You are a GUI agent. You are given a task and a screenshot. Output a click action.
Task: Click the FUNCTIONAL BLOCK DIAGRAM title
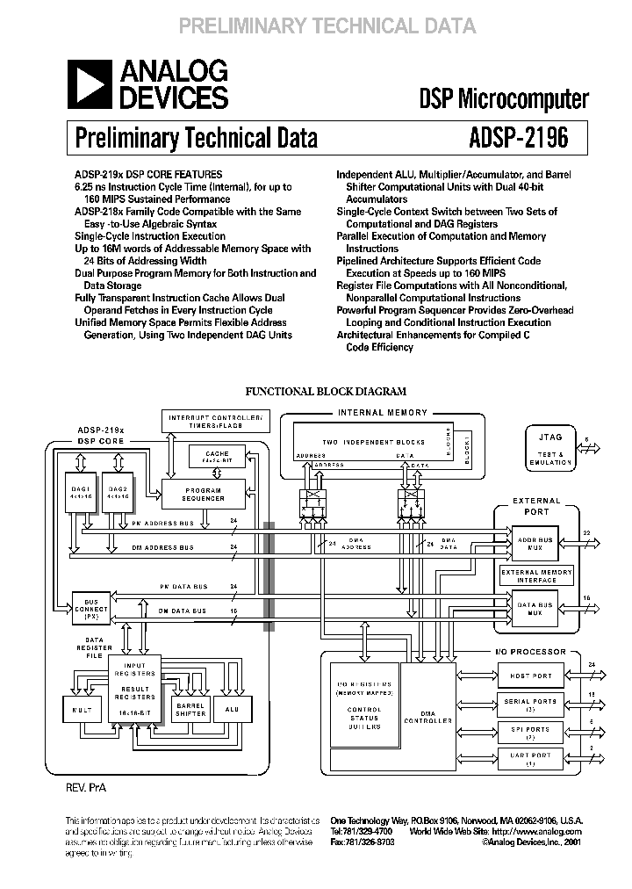pyautogui.click(x=326, y=392)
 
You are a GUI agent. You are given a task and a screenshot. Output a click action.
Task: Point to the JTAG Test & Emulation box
pyautogui.click(x=550, y=447)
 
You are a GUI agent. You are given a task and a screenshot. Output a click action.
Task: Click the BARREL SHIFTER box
pyautogui.click(x=190, y=709)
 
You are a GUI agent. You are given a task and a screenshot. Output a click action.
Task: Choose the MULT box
pyautogui.click(x=83, y=709)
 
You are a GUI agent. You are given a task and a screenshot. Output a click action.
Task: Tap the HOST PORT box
pyautogui.click(x=531, y=676)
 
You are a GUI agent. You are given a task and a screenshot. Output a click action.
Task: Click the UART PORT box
pyautogui.click(x=531, y=758)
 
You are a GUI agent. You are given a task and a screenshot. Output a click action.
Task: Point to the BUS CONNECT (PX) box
pyautogui.click(x=92, y=608)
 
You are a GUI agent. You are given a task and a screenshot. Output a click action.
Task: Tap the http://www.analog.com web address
pyautogui.click(x=536, y=831)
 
